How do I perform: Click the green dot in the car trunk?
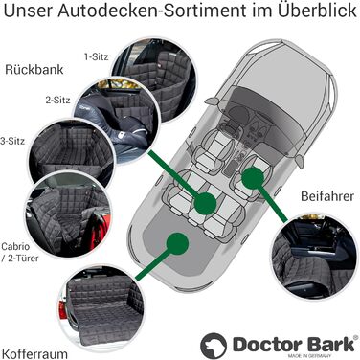[x=176, y=243]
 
